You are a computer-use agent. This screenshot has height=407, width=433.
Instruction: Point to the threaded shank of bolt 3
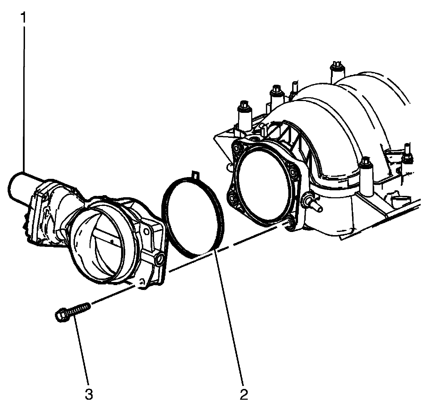80,308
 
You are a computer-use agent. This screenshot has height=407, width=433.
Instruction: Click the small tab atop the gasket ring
196,175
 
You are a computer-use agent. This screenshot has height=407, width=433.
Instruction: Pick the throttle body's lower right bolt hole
161,259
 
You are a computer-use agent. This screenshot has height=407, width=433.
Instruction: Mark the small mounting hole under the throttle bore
141,282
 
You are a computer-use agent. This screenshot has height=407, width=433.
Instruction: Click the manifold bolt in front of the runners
365,163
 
